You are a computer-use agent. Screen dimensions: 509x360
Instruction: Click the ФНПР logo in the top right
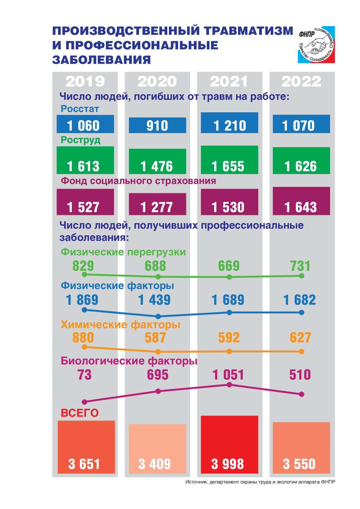click(x=316, y=45)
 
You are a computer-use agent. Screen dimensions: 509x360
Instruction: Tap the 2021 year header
click(x=229, y=81)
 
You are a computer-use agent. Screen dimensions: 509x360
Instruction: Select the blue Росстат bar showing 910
click(x=157, y=125)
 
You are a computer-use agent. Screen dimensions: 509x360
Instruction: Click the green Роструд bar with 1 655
click(x=229, y=160)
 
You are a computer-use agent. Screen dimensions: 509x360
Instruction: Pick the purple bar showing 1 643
click(x=301, y=201)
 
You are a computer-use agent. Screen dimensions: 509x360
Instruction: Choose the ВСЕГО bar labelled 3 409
click(x=157, y=449)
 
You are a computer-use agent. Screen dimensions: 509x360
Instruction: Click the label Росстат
click(x=80, y=109)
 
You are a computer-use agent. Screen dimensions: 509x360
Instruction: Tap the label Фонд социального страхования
click(x=138, y=181)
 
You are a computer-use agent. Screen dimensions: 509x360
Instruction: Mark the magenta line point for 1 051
click(x=229, y=385)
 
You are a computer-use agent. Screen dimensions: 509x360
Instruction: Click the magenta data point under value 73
click(x=84, y=402)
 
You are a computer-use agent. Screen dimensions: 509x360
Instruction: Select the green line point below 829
click(x=84, y=274)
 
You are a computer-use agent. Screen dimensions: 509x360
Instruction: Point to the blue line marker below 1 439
click(x=158, y=316)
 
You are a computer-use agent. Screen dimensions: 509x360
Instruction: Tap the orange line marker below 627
click(x=301, y=351)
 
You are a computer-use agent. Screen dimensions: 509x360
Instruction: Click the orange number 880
click(x=83, y=338)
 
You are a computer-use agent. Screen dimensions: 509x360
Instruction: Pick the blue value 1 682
click(x=300, y=300)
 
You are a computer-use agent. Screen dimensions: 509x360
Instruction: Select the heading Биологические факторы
click(x=129, y=361)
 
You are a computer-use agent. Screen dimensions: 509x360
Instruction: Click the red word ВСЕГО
click(x=80, y=413)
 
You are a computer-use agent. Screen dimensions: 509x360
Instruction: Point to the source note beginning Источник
click(x=260, y=482)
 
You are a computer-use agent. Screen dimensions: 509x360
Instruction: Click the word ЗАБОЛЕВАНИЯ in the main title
click(x=102, y=60)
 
